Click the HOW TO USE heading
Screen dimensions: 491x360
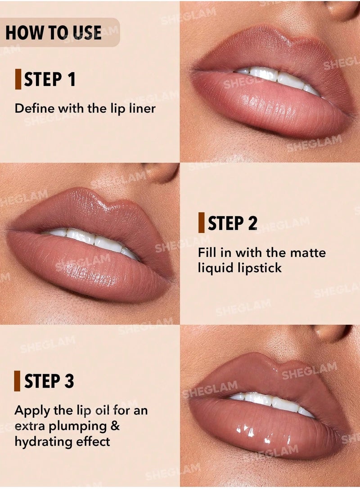[54, 32]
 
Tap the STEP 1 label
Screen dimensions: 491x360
[49, 80]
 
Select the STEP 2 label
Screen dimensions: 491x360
[232, 223]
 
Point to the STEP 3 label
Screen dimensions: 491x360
[49, 381]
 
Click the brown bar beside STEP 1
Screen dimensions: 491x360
[18, 80]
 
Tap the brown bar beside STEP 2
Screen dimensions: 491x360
[201, 223]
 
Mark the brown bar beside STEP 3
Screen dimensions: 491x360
[17, 381]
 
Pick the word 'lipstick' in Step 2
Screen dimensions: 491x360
[259, 268]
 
